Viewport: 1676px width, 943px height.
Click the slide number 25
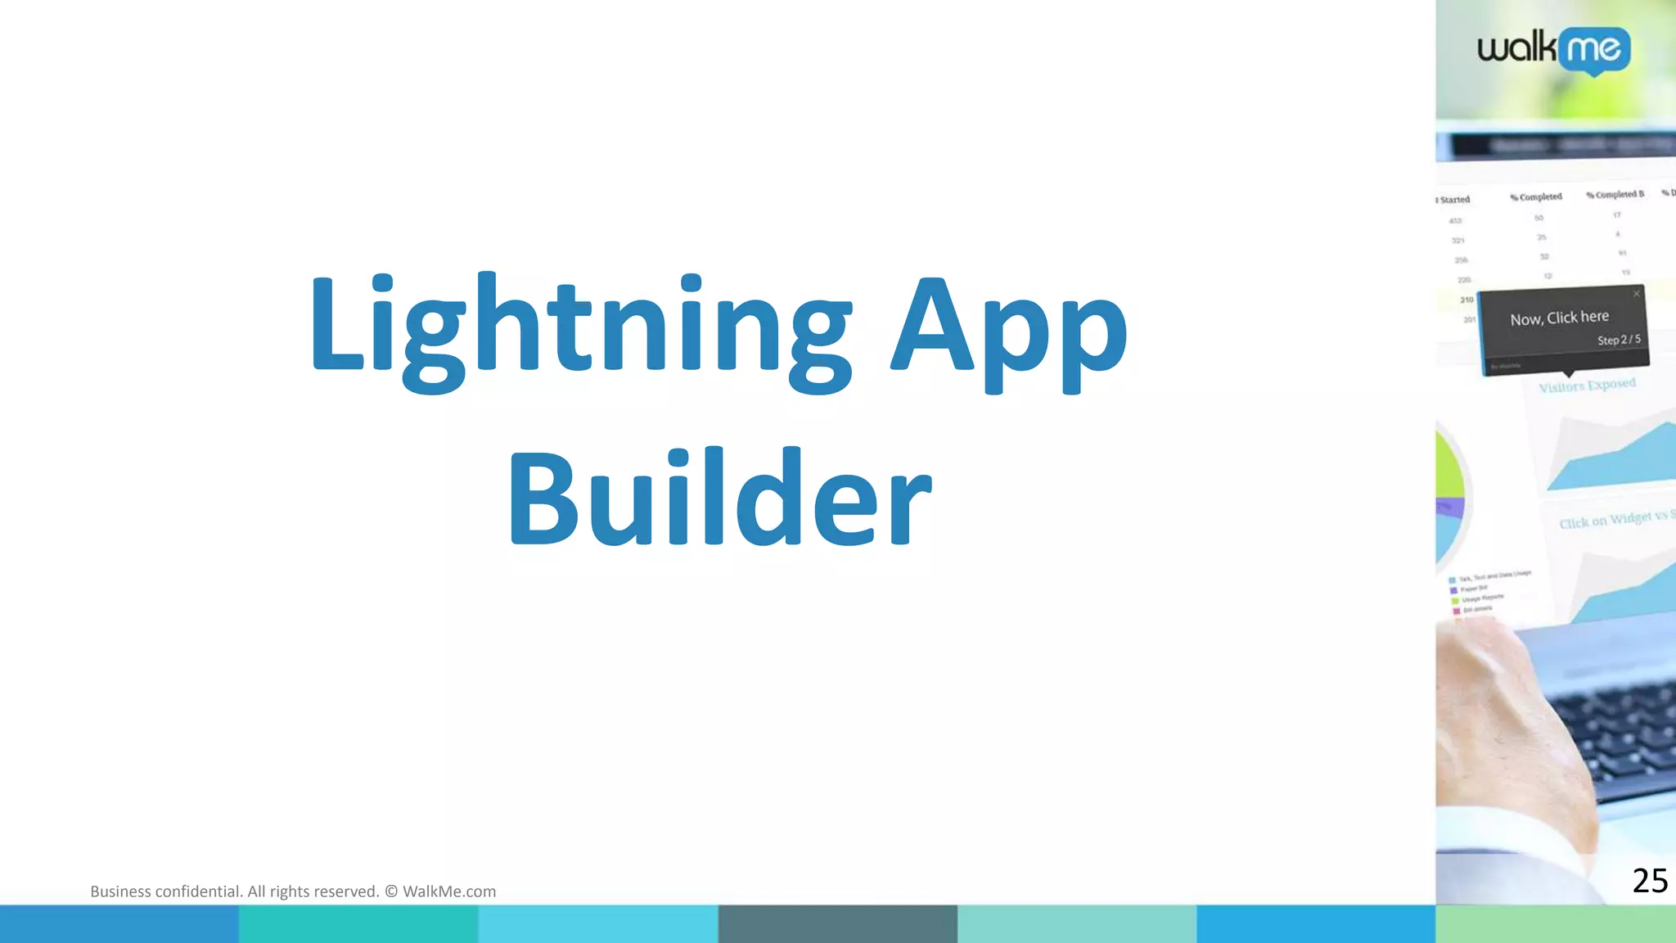coord(1649,881)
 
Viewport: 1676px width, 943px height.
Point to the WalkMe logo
coord(1553,50)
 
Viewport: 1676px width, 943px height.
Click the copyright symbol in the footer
coord(391,891)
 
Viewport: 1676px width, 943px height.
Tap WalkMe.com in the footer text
coord(449,891)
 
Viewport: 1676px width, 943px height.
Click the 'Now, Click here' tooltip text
coord(1559,318)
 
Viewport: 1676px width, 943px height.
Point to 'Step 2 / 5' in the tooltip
coord(1619,340)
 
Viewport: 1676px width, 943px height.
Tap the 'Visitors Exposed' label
coord(1587,385)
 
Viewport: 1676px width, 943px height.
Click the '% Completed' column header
coord(1536,197)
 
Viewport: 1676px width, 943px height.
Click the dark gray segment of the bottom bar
coord(837,924)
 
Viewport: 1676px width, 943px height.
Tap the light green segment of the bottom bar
coord(1555,924)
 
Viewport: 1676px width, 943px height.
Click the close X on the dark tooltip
coord(1637,294)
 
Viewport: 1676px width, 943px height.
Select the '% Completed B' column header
coord(1614,195)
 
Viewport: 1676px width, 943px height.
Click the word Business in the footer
coord(120,891)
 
